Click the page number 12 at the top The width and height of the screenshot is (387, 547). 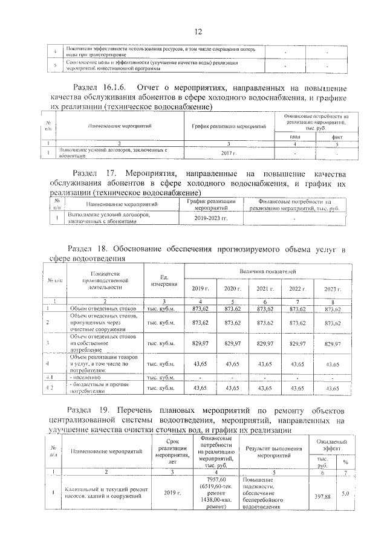click(197, 32)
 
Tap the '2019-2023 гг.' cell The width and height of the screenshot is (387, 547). click(216, 217)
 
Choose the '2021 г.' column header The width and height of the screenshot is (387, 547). click(265, 289)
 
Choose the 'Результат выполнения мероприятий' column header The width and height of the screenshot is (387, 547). click(274, 453)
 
